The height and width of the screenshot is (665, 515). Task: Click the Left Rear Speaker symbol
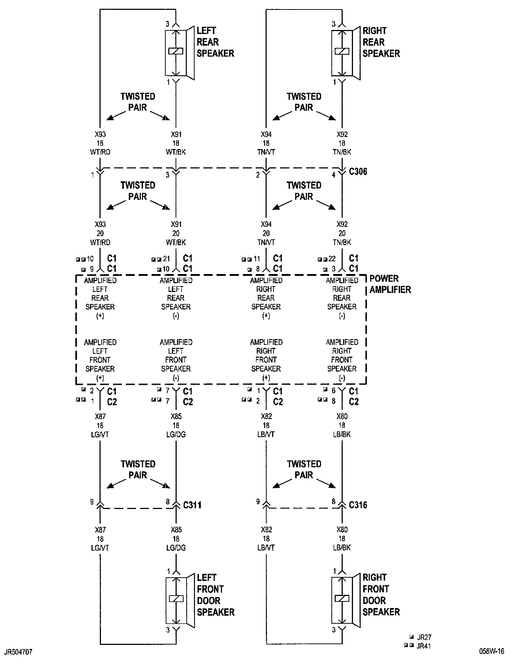click(179, 53)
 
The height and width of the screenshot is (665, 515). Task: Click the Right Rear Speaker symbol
click(345, 53)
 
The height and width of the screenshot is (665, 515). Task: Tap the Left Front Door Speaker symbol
click(180, 600)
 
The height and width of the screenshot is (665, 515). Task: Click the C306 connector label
click(358, 171)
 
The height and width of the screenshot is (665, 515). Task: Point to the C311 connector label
click(192, 505)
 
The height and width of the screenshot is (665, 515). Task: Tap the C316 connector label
click(358, 505)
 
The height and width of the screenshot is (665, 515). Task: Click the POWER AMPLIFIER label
click(390, 284)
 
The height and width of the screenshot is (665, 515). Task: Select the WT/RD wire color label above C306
click(100, 152)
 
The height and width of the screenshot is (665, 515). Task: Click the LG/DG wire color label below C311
click(176, 548)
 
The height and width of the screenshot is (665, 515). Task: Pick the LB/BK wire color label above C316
click(342, 434)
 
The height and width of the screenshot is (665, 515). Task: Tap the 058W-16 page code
click(492, 651)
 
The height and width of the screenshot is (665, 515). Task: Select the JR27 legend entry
click(424, 637)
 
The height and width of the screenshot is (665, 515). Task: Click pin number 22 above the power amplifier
click(332, 259)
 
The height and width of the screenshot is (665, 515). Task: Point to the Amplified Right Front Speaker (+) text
click(266, 360)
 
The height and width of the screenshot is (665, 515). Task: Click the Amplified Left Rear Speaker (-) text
click(176, 298)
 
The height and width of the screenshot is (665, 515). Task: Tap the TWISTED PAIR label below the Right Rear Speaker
click(304, 102)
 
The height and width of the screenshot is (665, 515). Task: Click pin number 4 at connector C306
click(333, 175)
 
